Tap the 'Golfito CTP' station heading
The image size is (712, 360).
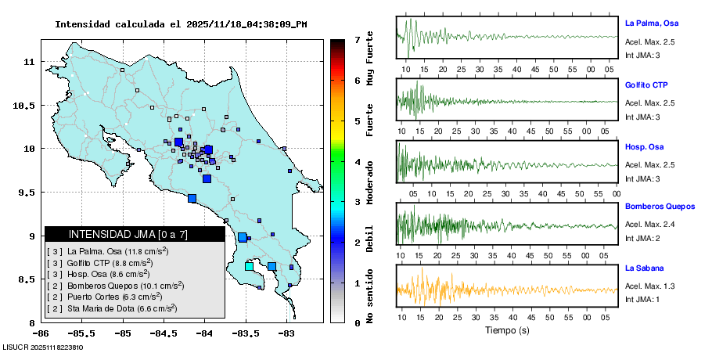(646, 85)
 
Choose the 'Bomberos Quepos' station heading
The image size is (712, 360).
(660, 207)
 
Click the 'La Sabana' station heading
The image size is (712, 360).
(642, 268)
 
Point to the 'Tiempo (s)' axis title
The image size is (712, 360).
(506, 330)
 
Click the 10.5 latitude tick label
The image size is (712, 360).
(27, 105)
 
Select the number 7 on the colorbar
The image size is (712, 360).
(356, 39)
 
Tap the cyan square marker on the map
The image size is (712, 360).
(249, 267)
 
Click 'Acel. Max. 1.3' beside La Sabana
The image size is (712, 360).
(649, 286)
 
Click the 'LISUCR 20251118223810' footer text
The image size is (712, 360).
(43, 347)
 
